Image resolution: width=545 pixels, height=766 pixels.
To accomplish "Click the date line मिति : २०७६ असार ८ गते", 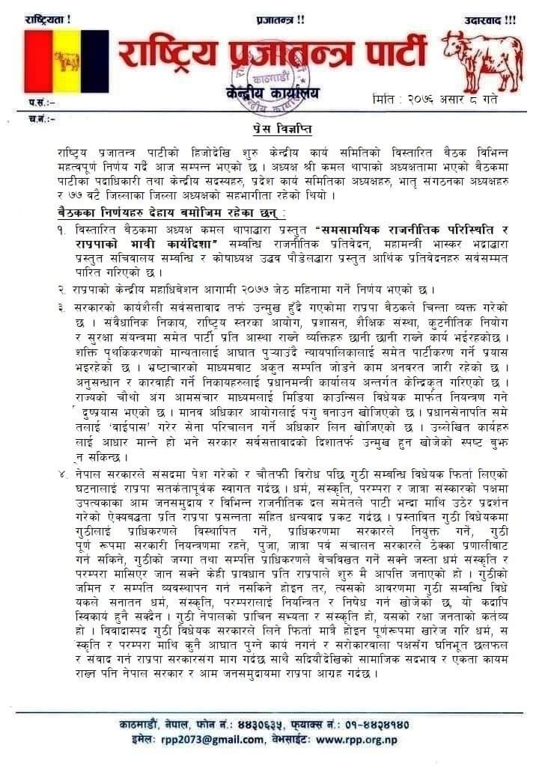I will [434, 99].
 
